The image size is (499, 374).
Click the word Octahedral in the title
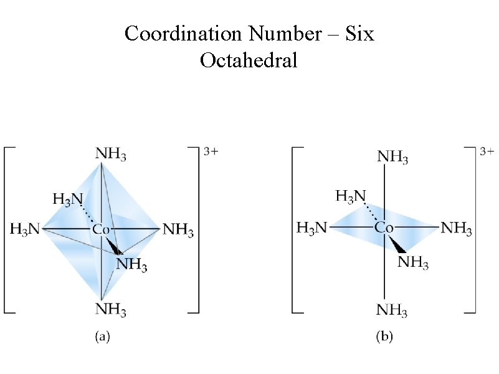[x=249, y=60]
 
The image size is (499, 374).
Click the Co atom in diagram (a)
[x=102, y=230]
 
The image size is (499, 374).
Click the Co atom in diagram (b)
[x=384, y=228]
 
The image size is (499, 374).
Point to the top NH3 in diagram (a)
[x=111, y=153]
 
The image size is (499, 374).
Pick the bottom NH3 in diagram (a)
[x=111, y=309]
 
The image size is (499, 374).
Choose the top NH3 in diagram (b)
[x=392, y=156]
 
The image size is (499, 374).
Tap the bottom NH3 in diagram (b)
[x=392, y=310]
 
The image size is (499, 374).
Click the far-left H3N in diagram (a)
[x=25, y=230]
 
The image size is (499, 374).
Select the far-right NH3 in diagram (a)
[x=178, y=230]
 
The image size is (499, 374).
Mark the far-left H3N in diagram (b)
[x=311, y=228]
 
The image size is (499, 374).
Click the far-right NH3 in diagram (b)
[x=457, y=228]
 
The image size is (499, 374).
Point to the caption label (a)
[x=102, y=337]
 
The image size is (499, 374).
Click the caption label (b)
[x=384, y=337]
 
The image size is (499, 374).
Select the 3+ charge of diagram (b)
[x=488, y=151]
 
